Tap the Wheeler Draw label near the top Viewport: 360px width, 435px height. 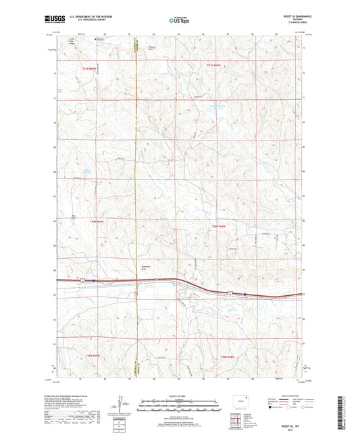click(x=152, y=48)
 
